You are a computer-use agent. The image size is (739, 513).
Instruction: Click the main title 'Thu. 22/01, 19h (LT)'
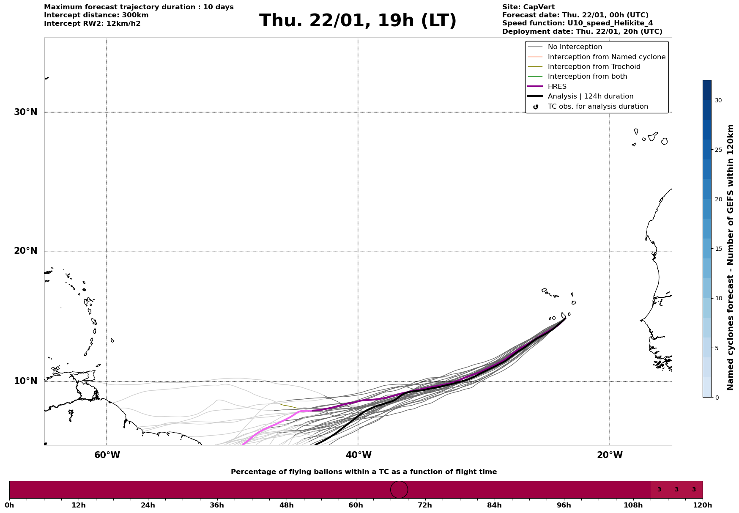(x=358, y=21)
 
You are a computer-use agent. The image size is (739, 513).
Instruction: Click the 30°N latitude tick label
(x=26, y=112)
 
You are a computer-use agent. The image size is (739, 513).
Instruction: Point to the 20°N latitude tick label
(x=26, y=251)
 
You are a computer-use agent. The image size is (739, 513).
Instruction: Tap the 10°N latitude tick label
(x=26, y=381)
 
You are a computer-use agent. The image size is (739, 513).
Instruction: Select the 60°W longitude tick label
(x=107, y=455)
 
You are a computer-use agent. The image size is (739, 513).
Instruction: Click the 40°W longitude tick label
(x=359, y=455)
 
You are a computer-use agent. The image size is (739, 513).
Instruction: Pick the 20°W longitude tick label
(x=610, y=455)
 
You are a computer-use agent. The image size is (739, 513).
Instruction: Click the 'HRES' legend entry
(x=557, y=87)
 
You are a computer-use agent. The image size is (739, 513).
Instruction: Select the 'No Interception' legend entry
(x=575, y=47)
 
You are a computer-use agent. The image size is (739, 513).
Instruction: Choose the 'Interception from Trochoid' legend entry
(x=594, y=67)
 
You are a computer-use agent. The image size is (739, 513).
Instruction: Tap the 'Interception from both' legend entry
(x=587, y=77)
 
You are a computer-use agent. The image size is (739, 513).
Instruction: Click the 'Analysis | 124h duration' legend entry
(x=590, y=96)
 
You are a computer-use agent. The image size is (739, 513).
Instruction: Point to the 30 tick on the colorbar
(x=718, y=100)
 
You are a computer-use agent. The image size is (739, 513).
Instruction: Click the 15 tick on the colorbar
(x=718, y=249)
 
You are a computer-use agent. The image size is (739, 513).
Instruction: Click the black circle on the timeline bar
(x=399, y=489)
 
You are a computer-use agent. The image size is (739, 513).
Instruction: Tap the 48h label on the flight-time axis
(x=286, y=505)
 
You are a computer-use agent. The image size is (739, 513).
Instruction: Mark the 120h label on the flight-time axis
(x=702, y=505)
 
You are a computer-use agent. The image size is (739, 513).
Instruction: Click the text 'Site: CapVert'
(x=528, y=7)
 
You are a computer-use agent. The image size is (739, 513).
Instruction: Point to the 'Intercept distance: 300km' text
(x=96, y=15)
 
